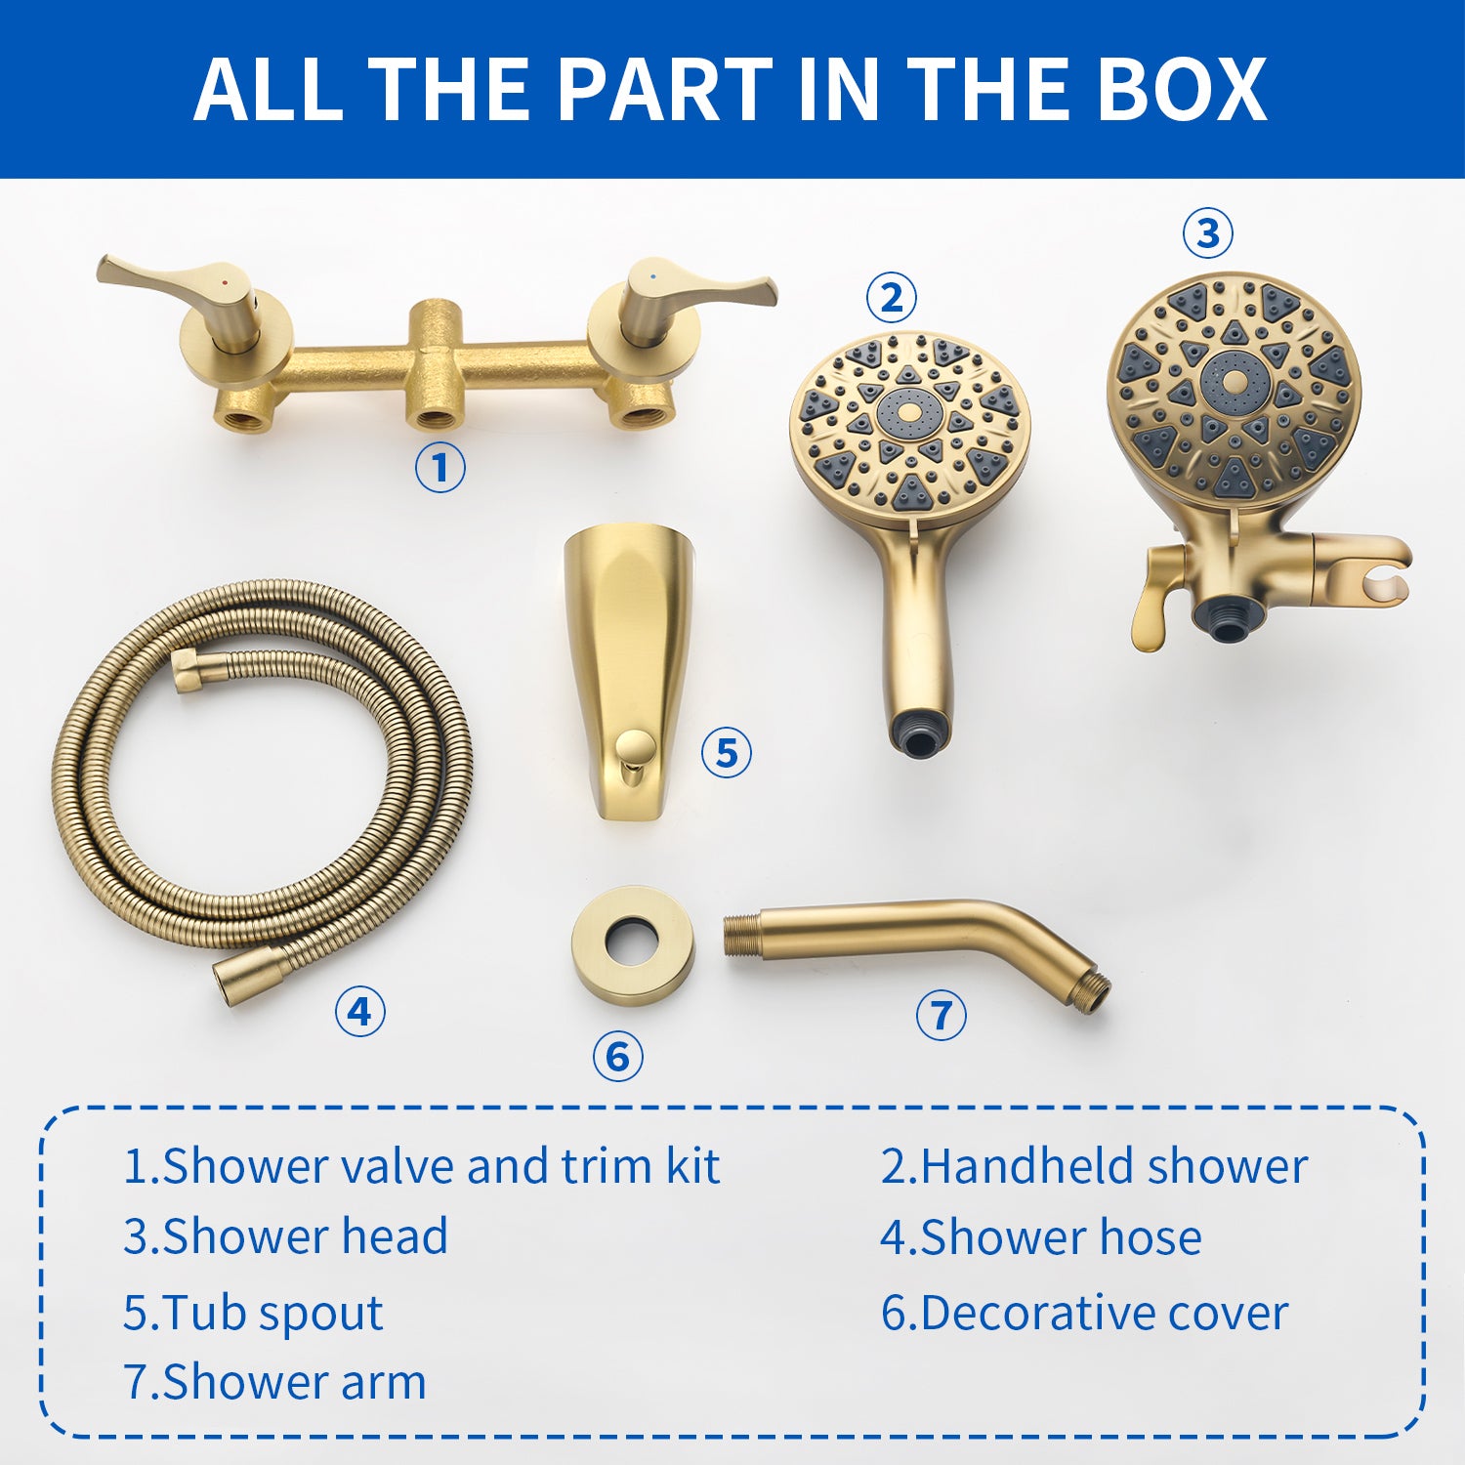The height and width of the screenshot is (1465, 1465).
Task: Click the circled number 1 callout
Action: click(x=440, y=467)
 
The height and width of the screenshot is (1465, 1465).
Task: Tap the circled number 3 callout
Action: click(x=1208, y=233)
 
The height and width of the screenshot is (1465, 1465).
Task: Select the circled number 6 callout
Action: click(x=618, y=1056)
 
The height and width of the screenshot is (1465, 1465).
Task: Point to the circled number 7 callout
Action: click(x=942, y=1015)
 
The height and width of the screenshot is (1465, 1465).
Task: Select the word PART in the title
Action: click(x=665, y=89)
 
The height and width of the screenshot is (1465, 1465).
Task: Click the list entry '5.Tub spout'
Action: click(x=253, y=1313)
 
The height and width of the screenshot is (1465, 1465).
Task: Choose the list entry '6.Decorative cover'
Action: click(x=1084, y=1313)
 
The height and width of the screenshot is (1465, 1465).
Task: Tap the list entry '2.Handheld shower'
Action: click(x=1094, y=1166)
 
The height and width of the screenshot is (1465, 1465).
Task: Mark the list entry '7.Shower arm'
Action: click(x=274, y=1382)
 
